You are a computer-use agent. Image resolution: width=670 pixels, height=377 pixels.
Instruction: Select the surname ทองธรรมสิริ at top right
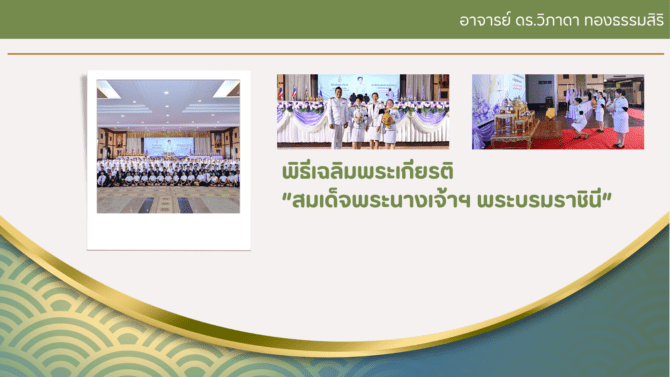click(x=624, y=20)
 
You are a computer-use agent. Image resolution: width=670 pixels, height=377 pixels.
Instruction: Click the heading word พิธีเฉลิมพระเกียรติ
click(x=367, y=171)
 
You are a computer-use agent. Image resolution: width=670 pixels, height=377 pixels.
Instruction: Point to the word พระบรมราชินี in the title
click(x=539, y=200)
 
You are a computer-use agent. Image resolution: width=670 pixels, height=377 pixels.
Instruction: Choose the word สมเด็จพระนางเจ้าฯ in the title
click(x=381, y=200)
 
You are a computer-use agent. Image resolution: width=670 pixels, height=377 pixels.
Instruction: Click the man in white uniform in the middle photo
click(x=338, y=118)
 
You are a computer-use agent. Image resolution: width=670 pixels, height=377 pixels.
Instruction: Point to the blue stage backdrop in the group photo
click(x=168, y=147)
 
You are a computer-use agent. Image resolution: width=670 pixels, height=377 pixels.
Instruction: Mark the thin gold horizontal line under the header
click(x=335, y=54)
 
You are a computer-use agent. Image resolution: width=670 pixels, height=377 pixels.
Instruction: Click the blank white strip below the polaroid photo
click(x=169, y=231)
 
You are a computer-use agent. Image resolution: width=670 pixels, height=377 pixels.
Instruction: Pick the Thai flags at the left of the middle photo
click(x=287, y=92)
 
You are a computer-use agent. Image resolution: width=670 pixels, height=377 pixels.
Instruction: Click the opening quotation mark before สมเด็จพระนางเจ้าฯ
click(x=287, y=196)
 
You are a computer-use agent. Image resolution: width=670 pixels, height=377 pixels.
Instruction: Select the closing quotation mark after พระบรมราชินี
click(x=607, y=196)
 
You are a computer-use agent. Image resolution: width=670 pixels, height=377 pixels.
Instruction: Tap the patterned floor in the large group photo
click(x=168, y=200)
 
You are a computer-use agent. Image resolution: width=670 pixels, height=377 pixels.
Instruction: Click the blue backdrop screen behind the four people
click(x=359, y=85)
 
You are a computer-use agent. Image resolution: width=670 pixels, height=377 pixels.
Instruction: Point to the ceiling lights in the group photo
click(x=168, y=100)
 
